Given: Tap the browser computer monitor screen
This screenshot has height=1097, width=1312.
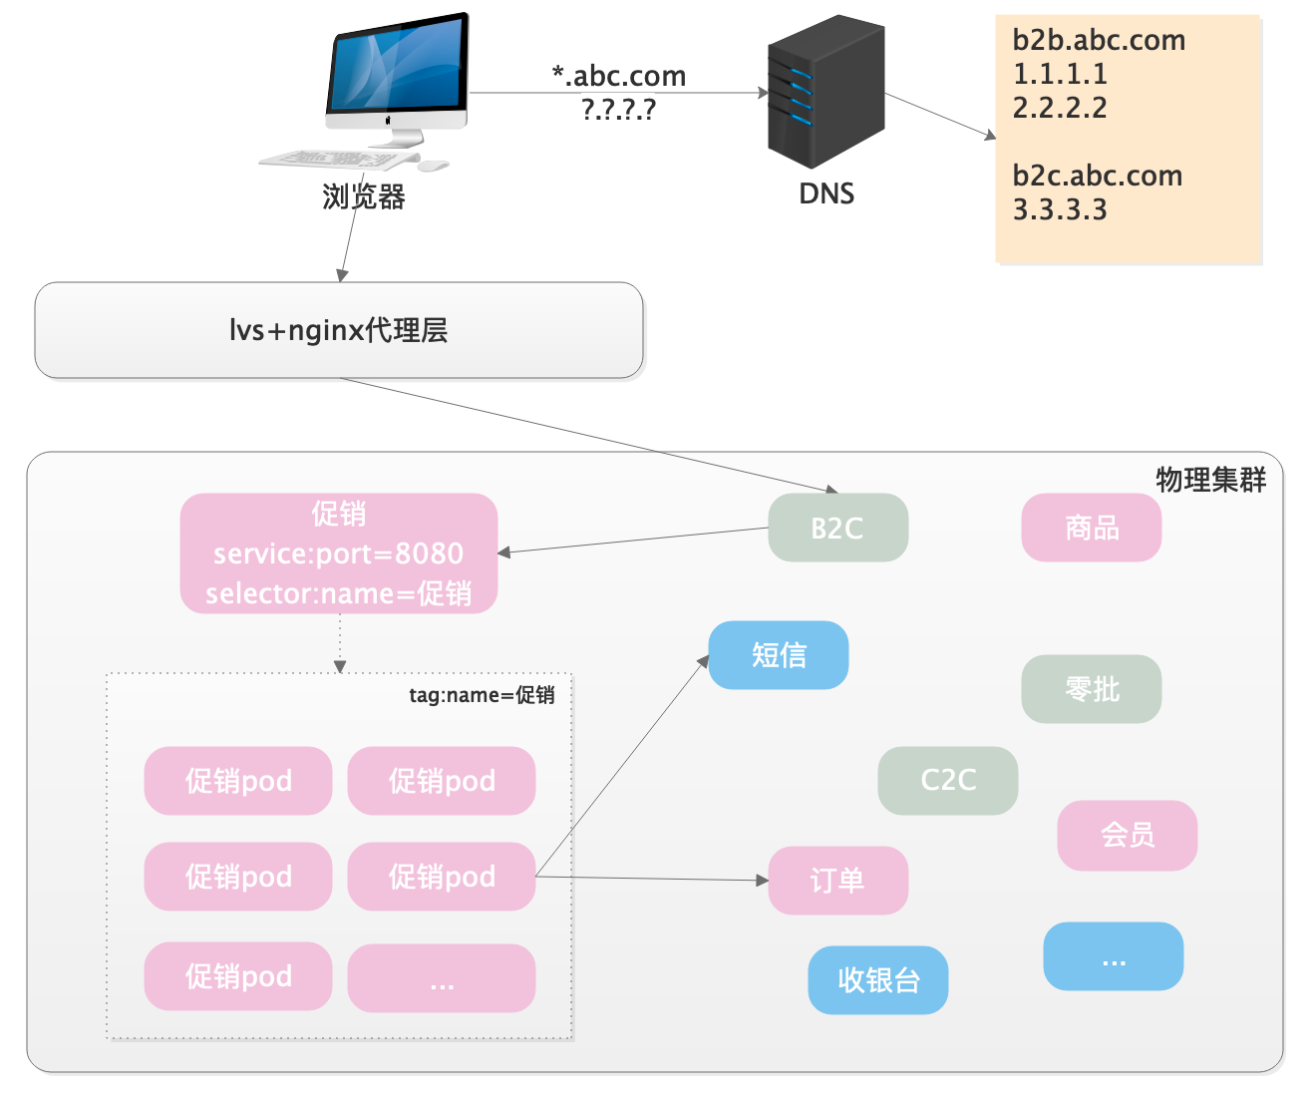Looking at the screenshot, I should [398, 68].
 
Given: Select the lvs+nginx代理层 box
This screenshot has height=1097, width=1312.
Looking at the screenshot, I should [339, 330].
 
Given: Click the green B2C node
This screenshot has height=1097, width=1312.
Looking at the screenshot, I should [837, 528].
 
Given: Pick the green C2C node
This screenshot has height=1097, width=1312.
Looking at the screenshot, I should [947, 780].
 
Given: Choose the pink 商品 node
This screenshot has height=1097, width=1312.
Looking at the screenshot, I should [1092, 528].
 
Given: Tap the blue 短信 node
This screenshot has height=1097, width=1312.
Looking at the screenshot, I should [778, 655].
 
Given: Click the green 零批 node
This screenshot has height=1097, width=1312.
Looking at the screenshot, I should [1092, 689].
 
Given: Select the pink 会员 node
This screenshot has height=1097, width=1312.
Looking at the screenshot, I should [1127, 835].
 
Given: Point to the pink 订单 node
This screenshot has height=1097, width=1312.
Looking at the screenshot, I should [837, 881].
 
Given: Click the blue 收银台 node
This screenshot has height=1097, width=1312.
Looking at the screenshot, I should [877, 980].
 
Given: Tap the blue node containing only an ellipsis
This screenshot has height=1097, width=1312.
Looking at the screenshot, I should [1113, 956].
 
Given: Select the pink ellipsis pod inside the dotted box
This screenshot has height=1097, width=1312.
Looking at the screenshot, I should [442, 978].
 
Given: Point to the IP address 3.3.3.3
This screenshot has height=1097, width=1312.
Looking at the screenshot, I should [1060, 209].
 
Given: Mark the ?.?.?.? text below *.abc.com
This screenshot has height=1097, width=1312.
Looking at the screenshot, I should [618, 109].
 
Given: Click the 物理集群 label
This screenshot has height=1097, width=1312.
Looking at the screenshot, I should [1210, 480].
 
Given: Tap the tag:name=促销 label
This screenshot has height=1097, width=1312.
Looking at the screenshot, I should [482, 695].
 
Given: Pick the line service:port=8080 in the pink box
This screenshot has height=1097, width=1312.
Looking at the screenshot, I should [338, 553].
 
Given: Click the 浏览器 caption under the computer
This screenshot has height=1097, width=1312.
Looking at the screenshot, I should [364, 196].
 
